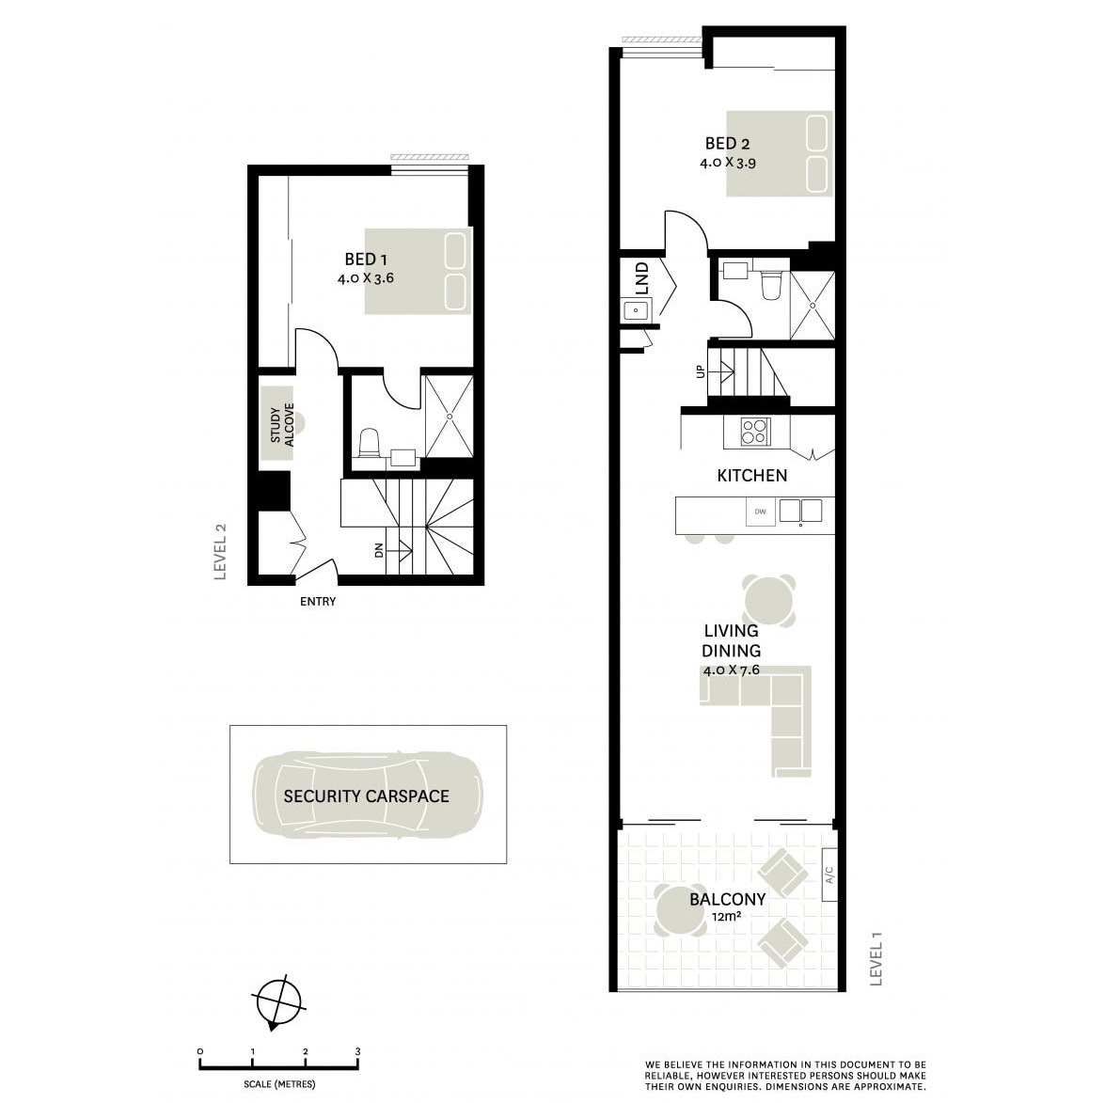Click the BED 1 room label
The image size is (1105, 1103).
coord(366,260)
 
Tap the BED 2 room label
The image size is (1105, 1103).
coord(727,144)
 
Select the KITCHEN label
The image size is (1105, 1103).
coord(752,476)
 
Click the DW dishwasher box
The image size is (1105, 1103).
coord(761,512)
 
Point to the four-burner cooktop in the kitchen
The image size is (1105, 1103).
coord(755,432)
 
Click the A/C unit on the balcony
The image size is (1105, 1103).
coord(829,875)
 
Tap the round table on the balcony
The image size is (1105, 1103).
coord(681,909)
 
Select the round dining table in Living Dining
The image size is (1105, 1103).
coord(769,601)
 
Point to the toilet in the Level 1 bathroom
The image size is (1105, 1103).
coord(771,286)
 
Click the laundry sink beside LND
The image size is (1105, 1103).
coord(636,310)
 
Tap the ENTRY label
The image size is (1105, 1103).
coord(318,601)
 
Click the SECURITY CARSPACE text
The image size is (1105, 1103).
coord(367,796)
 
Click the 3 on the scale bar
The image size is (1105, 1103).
coord(358,1051)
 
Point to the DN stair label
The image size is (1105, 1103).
coord(379,550)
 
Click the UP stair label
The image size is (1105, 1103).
coord(701,370)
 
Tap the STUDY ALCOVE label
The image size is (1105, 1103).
coord(282,425)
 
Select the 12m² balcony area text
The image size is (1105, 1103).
coord(727,917)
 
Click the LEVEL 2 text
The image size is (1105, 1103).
coord(221,552)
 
